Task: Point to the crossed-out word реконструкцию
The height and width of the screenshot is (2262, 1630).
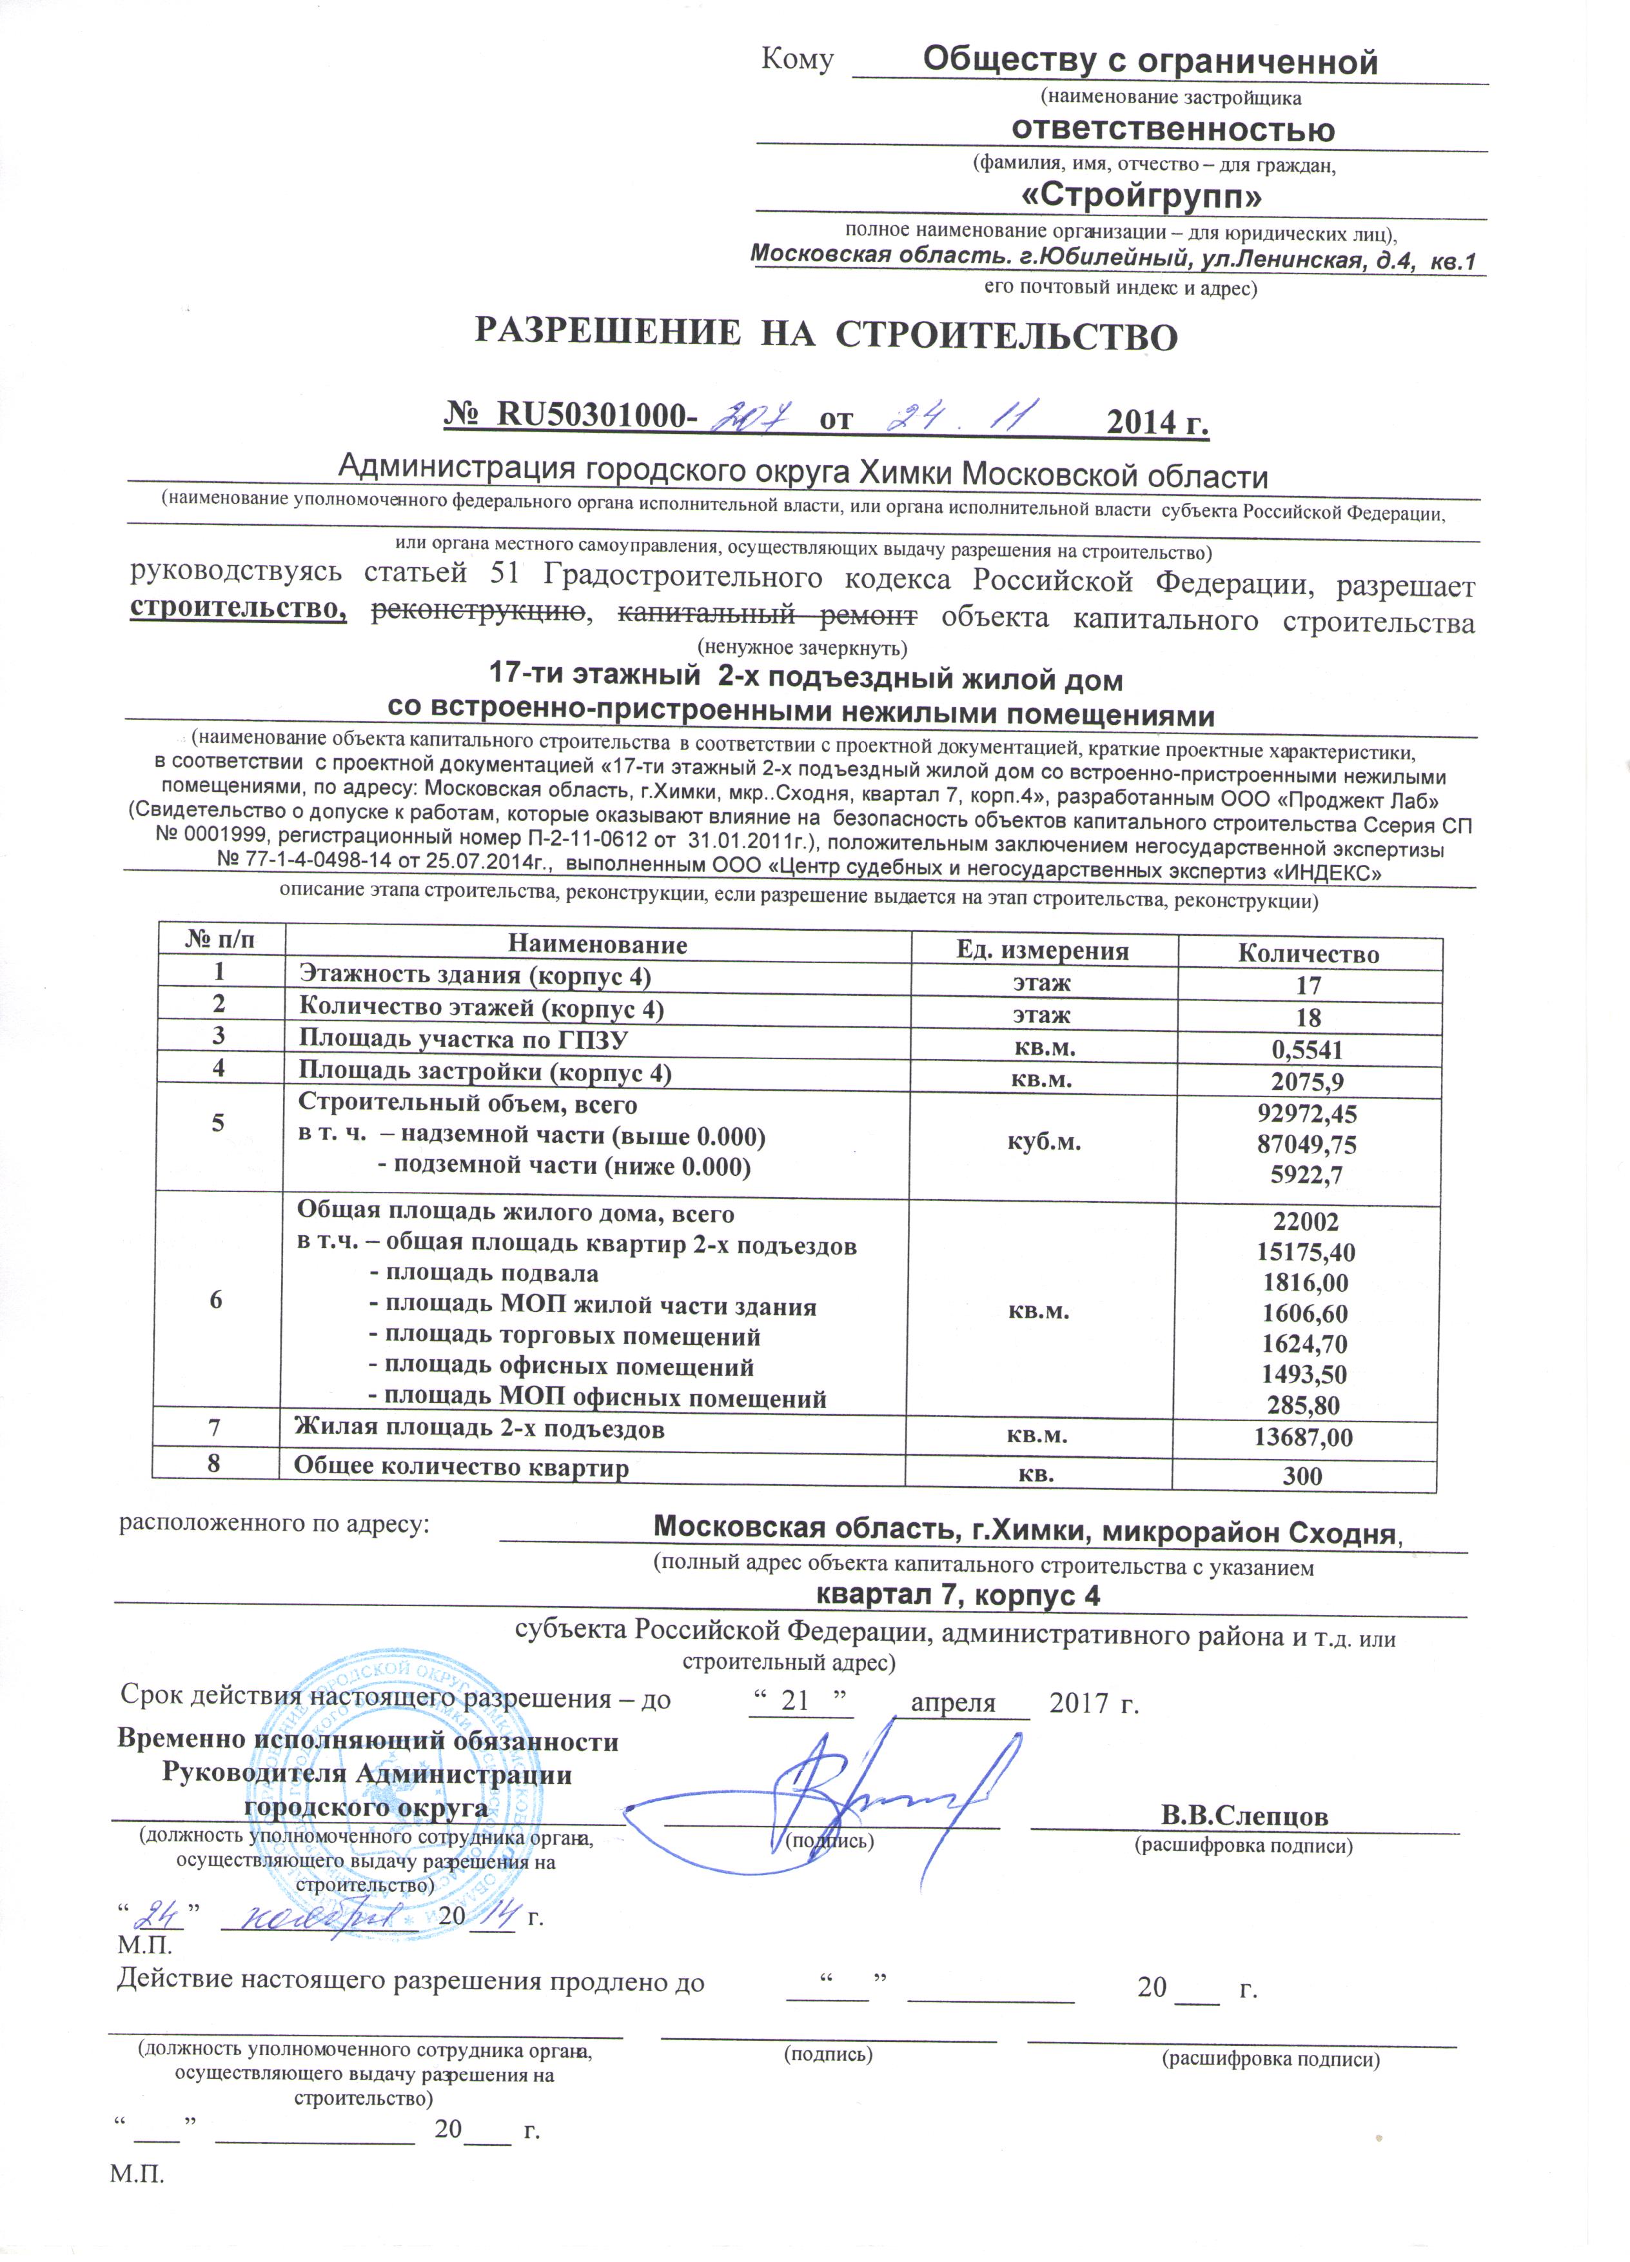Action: [478, 612]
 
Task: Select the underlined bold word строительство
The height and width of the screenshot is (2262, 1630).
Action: [239, 608]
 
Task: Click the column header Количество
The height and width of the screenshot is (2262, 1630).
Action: [1308, 953]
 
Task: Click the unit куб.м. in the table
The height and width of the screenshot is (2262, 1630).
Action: [1042, 1143]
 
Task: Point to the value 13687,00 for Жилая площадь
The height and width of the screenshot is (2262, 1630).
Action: [1306, 1437]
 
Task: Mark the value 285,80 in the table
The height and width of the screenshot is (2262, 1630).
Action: [1306, 1405]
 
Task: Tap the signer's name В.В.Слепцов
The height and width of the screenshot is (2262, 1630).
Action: [1244, 1814]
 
